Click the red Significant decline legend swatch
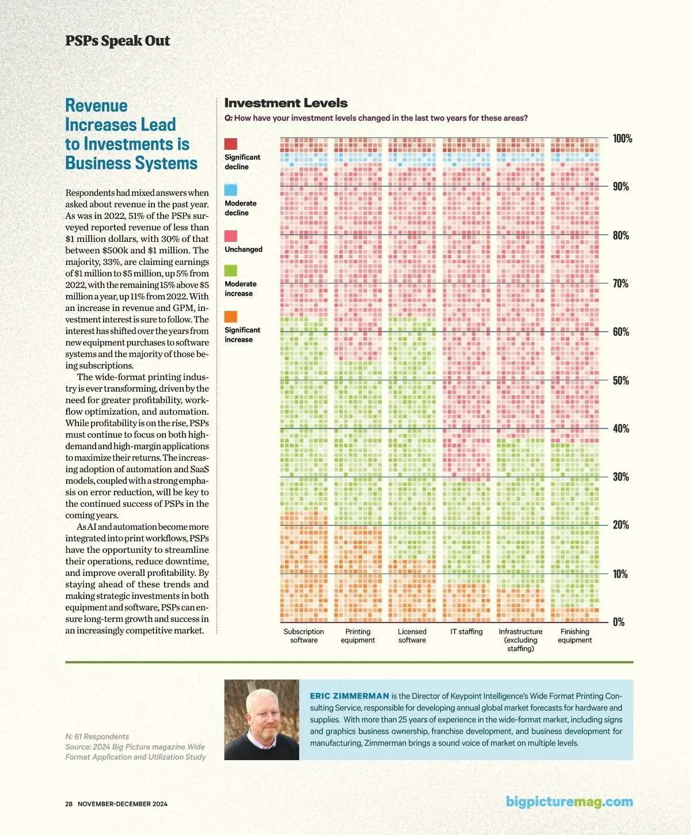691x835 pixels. pos(230,144)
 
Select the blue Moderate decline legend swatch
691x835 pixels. pos(230,189)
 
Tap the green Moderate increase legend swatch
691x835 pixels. pos(230,271)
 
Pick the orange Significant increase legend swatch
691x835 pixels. pos(230,317)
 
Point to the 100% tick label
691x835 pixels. pos(622,138)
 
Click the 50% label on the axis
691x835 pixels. pos(621,380)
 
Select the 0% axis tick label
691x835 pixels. pos(618,622)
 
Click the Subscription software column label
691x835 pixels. pos(303,636)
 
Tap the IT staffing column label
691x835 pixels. pos(466,632)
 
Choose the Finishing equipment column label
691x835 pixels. pos(575,636)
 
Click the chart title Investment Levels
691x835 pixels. pos(286,103)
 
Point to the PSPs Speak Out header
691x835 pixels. pos(117,41)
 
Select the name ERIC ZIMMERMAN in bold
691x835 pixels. pos(350,696)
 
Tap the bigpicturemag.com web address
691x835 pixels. pos(569,802)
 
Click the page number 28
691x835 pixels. pos(69,804)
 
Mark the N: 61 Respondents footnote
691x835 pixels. pos(97,737)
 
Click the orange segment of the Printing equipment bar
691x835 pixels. pos(358,574)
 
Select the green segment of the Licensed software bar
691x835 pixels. pos(412,438)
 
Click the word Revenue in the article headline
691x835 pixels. pos(96,105)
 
